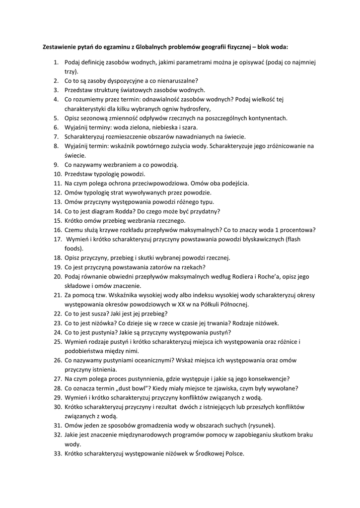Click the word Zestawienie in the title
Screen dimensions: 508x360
(60, 48)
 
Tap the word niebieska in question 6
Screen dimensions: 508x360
(159, 127)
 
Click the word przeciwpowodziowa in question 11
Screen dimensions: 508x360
(168, 183)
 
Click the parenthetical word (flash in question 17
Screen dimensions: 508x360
(290, 239)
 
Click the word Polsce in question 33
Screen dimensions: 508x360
(234, 453)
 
